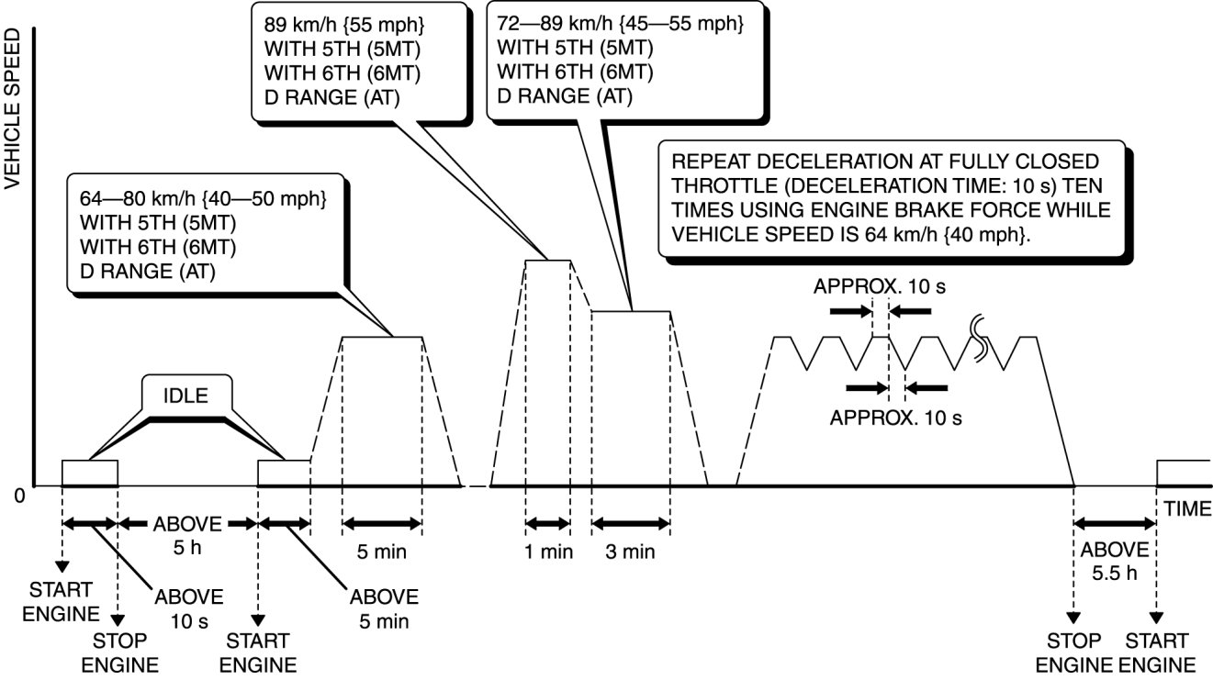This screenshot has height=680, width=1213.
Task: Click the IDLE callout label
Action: click(x=187, y=396)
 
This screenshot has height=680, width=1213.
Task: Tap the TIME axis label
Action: click(x=1187, y=509)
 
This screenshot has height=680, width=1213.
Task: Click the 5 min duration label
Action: click(x=381, y=552)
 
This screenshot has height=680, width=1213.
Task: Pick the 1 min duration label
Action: click(x=548, y=552)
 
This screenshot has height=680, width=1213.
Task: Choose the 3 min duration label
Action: click(x=631, y=552)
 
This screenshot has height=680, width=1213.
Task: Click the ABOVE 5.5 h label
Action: click(x=1114, y=560)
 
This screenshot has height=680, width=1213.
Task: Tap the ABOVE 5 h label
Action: click(x=187, y=534)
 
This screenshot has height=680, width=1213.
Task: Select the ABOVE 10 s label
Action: click(x=187, y=607)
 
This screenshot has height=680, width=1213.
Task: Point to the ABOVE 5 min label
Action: click(x=384, y=608)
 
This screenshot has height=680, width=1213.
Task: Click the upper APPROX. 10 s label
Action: click(x=879, y=285)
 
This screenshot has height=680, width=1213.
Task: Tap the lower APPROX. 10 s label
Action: click(x=895, y=418)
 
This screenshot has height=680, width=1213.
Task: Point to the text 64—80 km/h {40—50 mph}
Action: click(x=203, y=199)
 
